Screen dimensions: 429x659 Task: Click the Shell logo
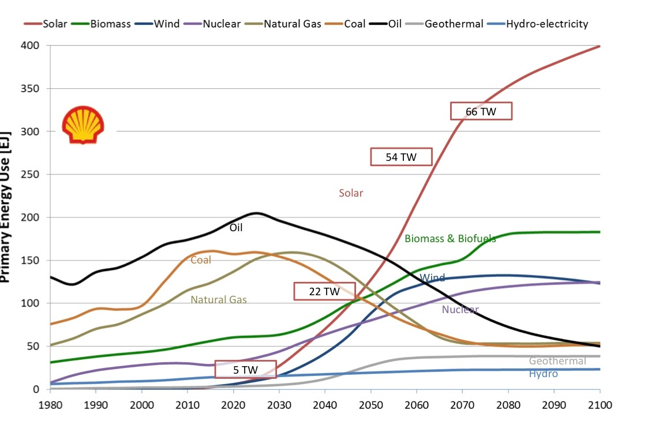tap(83, 125)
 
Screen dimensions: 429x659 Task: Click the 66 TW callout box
tap(481, 111)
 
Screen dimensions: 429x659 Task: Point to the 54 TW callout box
tap(401, 156)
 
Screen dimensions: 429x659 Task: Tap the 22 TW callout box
tap(324, 291)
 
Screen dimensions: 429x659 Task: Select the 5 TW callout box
tap(245, 369)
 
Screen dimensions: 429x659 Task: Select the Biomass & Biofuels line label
tap(450, 238)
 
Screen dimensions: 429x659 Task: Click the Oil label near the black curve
tap(236, 227)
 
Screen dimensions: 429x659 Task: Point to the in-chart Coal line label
tap(201, 260)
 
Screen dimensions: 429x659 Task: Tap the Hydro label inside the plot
tap(543, 374)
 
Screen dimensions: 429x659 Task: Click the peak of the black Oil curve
tap(257, 213)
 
